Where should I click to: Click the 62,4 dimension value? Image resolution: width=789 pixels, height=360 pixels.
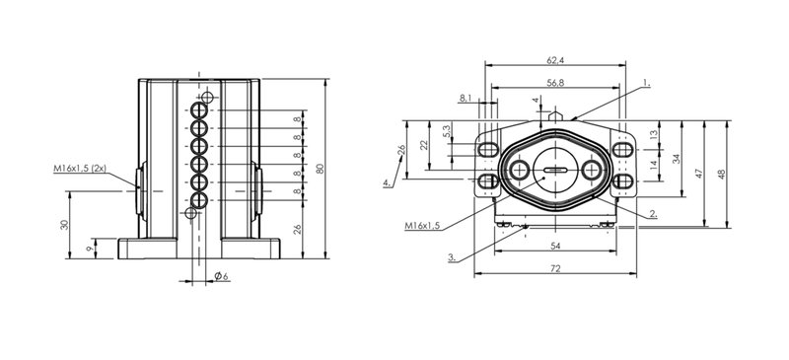coord(555,60)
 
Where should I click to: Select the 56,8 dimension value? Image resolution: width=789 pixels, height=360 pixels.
coord(555,83)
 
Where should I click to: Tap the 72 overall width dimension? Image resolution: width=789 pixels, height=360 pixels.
coord(555,269)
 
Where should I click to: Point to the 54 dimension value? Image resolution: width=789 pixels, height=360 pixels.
coord(555,246)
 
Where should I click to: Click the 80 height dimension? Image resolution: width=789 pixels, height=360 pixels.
coord(319,169)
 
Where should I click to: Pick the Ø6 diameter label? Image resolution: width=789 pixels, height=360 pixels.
coord(221,276)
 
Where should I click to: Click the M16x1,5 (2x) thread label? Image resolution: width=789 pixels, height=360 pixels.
coord(80,169)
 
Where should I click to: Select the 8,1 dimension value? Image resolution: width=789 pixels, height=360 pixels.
coord(466,99)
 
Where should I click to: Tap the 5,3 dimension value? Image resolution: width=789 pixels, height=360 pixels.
coord(447,132)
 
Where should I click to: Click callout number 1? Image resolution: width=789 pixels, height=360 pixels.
coord(647,84)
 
